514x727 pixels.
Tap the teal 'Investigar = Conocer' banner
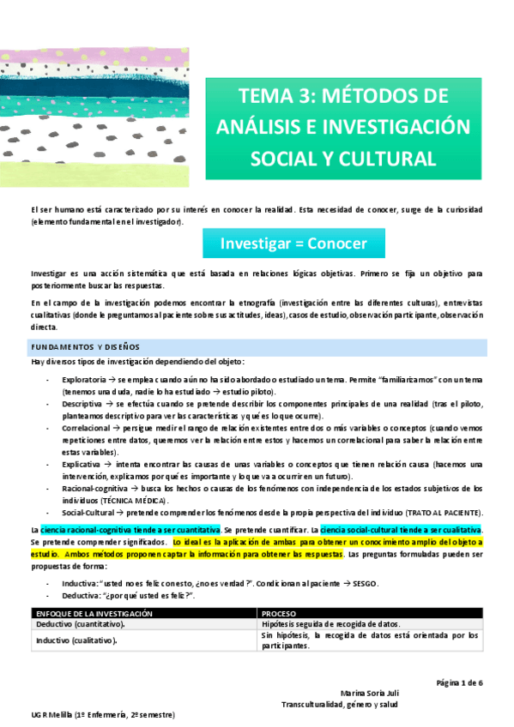coord(293,243)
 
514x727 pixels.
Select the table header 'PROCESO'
coord(280,614)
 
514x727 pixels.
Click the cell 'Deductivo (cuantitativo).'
coord(84,625)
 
